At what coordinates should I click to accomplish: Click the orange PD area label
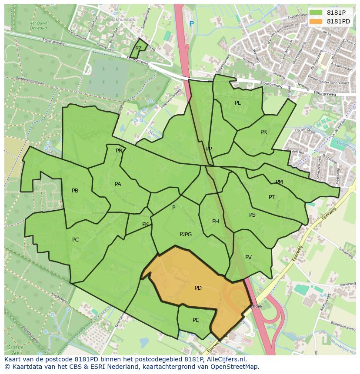click(198, 288)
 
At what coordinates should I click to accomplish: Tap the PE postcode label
click(196, 320)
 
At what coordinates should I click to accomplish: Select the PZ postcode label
click(138, 49)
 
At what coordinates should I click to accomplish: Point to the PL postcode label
click(237, 103)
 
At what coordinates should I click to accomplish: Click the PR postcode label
click(263, 132)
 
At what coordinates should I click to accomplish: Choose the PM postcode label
click(279, 182)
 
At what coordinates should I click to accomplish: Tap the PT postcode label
click(272, 197)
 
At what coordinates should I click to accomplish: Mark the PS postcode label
click(252, 215)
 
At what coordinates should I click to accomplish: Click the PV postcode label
click(248, 258)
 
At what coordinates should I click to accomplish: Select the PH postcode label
click(215, 222)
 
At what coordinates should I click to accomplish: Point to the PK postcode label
click(145, 224)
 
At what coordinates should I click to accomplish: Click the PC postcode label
click(76, 240)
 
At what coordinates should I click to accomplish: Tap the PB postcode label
click(75, 191)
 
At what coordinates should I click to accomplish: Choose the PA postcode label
click(118, 184)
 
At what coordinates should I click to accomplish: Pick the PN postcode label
click(119, 151)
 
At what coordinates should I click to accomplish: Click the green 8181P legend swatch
click(317, 13)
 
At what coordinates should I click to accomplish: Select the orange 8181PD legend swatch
click(317, 21)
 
